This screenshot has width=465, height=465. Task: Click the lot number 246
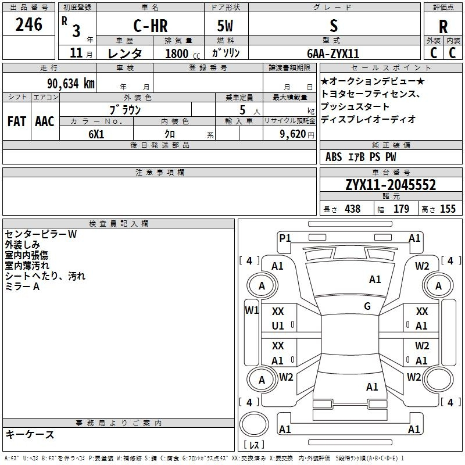pyautogui.click(x=28, y=24)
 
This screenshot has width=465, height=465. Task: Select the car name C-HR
pyautogui.click(x=151, y=26)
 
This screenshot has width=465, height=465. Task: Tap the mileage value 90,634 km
pyautogui.click(x=71, y=84)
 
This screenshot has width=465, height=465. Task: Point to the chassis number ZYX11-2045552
pyautogui.click(x=391, y=185)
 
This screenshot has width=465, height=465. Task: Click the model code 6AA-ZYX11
pyautogui.click(x=333, y=53)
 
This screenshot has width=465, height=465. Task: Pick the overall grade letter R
pyautogui.click(x=443, y=27)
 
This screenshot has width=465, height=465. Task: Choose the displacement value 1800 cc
pyautogui.click(x=183, y=53)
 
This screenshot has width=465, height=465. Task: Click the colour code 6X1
pyautogui.click(x=96, y=134)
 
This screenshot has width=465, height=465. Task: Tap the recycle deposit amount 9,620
pyautogui.click(x=293, y=134)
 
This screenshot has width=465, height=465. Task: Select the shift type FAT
pyautogui.click(x=17, y=121)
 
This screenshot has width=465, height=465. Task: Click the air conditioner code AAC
pyautogui.click(x=45, y=121)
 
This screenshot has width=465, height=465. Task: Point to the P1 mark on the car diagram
pyautogui.click(x=285, y=238)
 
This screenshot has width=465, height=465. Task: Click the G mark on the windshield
pyautogui.click(x=367, y=306)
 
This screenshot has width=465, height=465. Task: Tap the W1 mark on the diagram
pyautogui.click(x=252, y=310)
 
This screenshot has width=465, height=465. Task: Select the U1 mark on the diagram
pyautogui.click(x=278, y=326)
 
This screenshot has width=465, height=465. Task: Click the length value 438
pyautogui.click(x=353, y=209)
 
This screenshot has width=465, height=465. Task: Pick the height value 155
pyautogui.click(x=448, y=209)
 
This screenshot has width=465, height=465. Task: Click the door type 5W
pyautogui.click(x=225, y=26)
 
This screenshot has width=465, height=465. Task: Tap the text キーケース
pyautogui.click(x=30, y=434)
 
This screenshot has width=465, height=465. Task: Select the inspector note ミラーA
pyautogui.click(x=22, y=287)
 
